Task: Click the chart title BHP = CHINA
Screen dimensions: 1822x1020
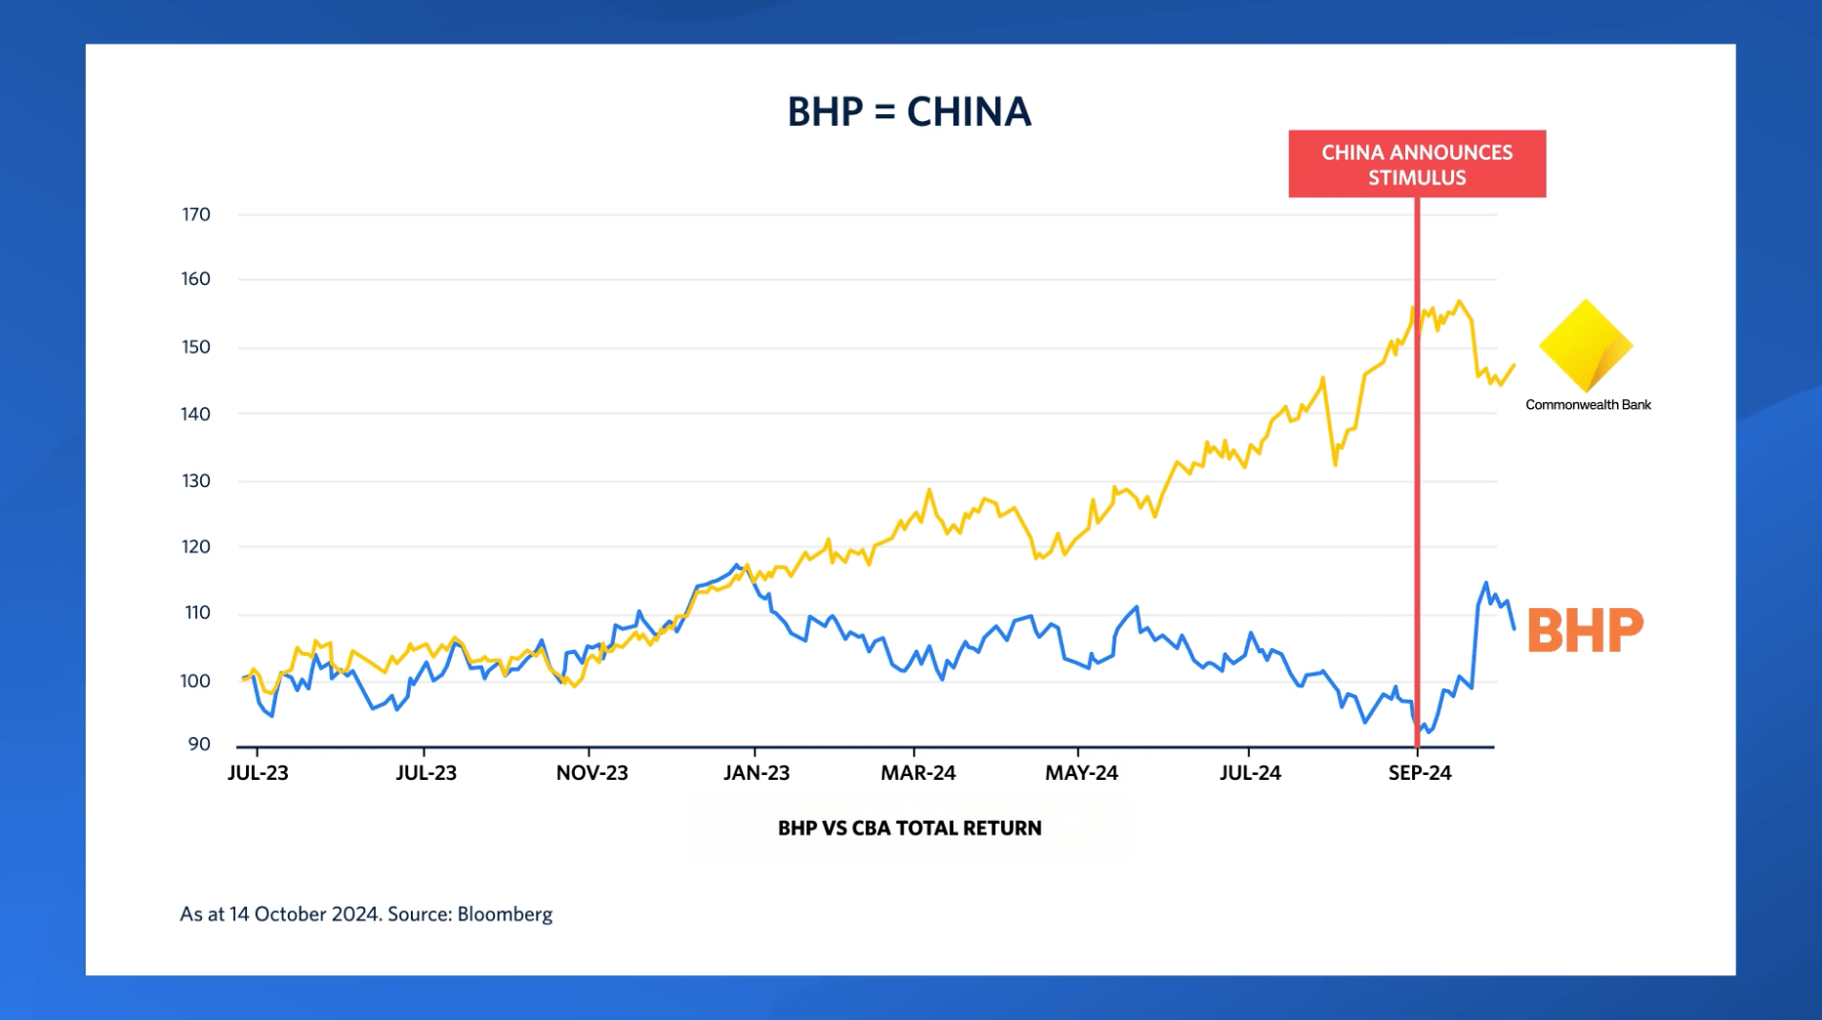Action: (909, 111)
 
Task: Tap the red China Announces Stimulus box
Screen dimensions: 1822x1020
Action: (1417, 164)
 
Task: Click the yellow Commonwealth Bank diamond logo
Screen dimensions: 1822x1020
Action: (1586, 346)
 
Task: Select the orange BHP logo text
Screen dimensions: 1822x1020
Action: (1585, 630)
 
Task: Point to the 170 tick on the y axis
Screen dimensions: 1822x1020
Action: (196, 214)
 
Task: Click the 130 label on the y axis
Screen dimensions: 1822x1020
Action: (196, 480)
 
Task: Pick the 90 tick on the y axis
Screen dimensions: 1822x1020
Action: (199, 744)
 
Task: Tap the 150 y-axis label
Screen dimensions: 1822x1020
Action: (196, 347)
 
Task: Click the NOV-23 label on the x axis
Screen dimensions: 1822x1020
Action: (592, 773)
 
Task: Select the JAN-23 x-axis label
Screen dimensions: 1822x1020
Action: (756, 773)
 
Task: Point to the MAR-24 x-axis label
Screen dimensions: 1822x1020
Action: (918, 773)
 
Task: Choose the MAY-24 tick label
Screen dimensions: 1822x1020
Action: (1081, 773)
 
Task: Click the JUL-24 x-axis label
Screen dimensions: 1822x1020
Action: (1250, 773)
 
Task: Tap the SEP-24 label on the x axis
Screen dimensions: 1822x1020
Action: (1420, 773)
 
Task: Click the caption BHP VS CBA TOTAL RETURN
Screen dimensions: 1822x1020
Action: (910, 828)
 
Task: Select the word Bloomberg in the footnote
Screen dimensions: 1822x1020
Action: (505, 915)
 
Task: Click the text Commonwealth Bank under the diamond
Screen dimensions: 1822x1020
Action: (1588, 405)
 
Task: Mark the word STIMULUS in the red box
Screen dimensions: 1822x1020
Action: (1417, 178)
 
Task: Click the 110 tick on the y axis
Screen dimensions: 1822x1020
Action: (197, 613)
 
